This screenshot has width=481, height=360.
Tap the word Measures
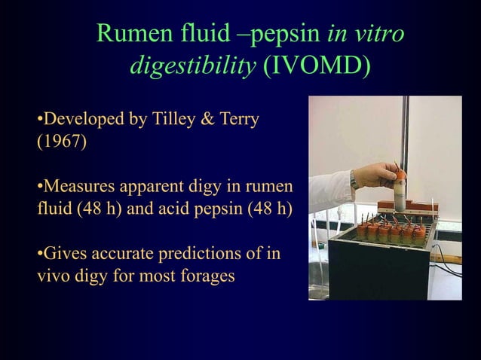point(75,186)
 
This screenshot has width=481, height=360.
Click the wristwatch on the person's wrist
point(355,179)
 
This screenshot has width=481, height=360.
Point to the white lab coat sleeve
point(329,191)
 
